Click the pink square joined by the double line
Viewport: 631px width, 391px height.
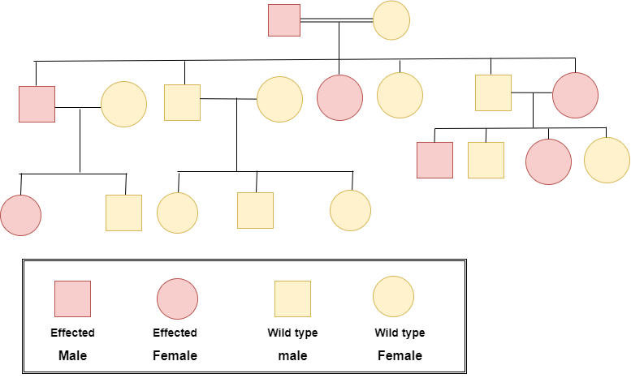click(x=284, y=20)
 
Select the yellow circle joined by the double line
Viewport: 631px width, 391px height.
click(x=391, y=21)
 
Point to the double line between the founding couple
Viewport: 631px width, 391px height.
click(x=336, y=20)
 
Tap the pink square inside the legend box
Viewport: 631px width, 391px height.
click(x=72, y=299)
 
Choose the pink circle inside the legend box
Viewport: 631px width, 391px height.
click(x=177, y=299)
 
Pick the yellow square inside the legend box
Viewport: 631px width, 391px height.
click(x=292, y=299)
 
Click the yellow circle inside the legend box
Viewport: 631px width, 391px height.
click(x=393, y=297)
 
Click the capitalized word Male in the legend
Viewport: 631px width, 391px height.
click(x=72, y=355)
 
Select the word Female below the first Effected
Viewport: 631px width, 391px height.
click(x=175, y=355)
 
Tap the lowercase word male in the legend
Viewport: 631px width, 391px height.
click(x=292, y=355)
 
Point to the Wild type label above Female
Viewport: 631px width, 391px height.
click(x=400, y=333)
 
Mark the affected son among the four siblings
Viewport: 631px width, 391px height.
click(x=434, y=160)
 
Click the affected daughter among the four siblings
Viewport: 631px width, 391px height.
click(x=548, y=161)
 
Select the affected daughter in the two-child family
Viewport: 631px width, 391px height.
click(x=21, y=215)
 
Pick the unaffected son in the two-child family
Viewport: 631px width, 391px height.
click(x=123, y=213)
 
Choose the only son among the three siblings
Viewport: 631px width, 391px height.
click(x=255, y=210)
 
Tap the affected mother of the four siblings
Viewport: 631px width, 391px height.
click(x=575, y=95)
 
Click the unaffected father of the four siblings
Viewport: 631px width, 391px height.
click(x=493, y=92)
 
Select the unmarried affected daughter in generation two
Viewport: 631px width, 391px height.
click(x=339, y=97)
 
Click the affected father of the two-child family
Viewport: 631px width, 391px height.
click(x=37, y=104)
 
